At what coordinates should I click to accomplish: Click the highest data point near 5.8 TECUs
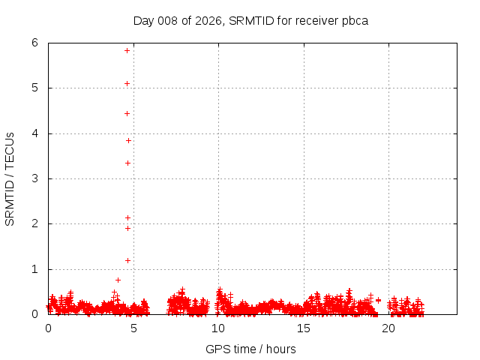(127, 50)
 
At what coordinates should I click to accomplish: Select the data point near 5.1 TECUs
(127, 83)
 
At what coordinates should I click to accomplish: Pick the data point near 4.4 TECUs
(127, 113)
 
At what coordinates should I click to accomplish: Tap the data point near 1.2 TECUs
(128, 260)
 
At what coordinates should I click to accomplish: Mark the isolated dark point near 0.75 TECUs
(118, 280)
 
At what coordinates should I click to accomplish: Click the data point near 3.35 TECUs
(128, 163)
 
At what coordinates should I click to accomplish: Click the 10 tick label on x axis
(218, 328)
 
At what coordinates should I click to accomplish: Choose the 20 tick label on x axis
(388, 328)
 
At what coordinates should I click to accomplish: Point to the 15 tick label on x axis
(304, 328)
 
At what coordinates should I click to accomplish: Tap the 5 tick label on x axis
(133, 328)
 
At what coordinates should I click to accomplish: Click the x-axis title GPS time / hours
(250, 349)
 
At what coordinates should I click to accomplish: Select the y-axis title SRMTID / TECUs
(10, 178)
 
